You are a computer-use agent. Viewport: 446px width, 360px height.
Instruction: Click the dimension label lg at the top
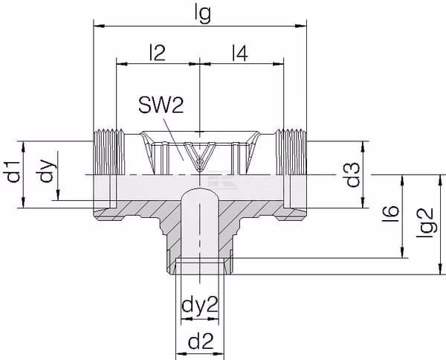(203, 14)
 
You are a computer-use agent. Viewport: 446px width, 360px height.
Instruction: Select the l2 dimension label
(158, 52)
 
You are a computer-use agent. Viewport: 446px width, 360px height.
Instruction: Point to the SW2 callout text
(161, 105)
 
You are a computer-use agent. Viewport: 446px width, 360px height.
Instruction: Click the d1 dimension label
(13, 172)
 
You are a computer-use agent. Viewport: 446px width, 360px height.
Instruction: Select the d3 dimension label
(352, 175)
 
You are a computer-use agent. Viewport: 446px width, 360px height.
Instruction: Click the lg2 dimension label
(427, 223)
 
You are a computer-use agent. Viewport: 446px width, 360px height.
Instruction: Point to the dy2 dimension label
(200, 305)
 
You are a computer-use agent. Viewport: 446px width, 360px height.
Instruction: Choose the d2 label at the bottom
(201, 341)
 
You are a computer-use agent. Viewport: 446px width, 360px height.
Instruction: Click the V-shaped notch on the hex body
(200, 156)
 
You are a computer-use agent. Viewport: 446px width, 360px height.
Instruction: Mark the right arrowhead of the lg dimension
(301, 26)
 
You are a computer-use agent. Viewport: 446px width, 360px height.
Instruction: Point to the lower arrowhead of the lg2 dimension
(441, 269)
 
